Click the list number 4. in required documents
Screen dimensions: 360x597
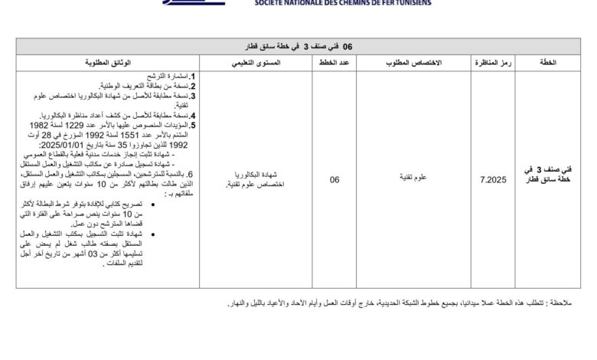coord(194,115)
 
